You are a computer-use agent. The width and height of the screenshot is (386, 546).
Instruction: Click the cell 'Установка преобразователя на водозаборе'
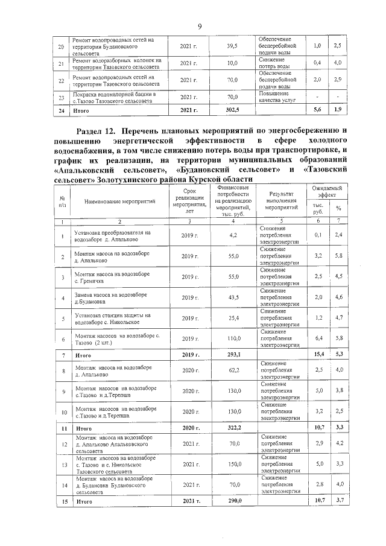point(109,235)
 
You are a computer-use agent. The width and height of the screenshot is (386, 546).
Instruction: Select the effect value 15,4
point(318,355)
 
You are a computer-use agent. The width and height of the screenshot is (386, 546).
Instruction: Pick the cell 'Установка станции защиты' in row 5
point(109,318)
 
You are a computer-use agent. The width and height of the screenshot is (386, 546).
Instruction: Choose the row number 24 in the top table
point(60,109)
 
